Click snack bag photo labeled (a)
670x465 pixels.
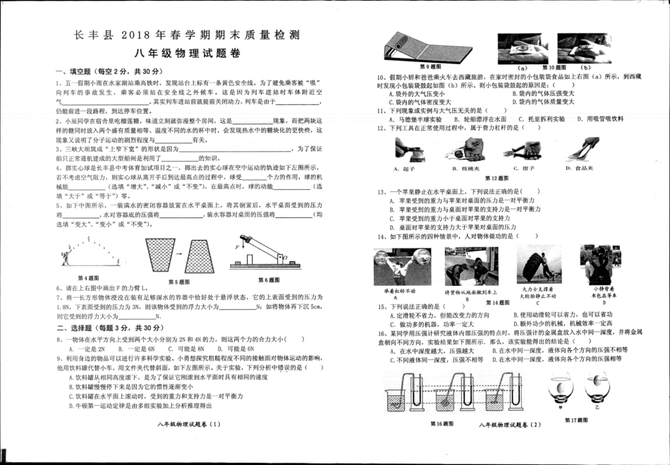(523, 48)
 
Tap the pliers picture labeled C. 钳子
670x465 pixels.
(523, 150)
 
